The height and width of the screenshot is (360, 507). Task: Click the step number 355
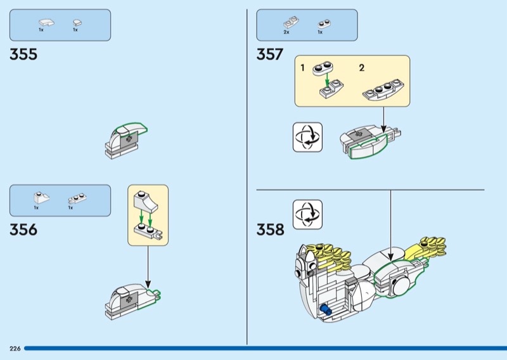pos(23,55)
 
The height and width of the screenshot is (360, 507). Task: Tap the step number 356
pos(23,229)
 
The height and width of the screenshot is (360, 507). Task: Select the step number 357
pos(269,55)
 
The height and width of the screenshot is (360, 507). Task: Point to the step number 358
pos(271,229)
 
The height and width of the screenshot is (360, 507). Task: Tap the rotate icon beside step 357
pos(307,137)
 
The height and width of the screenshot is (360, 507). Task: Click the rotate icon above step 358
pos(307,214)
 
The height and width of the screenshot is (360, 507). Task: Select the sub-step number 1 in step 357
pos(303,67)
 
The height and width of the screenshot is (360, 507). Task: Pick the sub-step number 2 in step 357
pos(362,67)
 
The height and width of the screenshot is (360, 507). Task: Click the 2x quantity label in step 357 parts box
pos(286,32)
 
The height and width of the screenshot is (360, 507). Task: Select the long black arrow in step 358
pos(390,225)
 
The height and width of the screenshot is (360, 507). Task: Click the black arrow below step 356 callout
pos(148,266)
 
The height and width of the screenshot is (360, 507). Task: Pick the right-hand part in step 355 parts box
pos(76,23)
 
